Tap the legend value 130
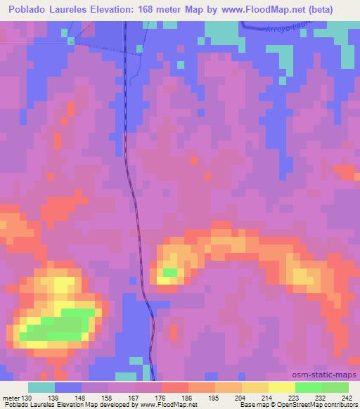click(25, 398)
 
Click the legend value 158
click(104, 398)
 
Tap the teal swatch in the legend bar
click(41, 387)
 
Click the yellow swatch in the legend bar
click(282, 387)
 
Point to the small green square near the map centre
click(169, 272)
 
